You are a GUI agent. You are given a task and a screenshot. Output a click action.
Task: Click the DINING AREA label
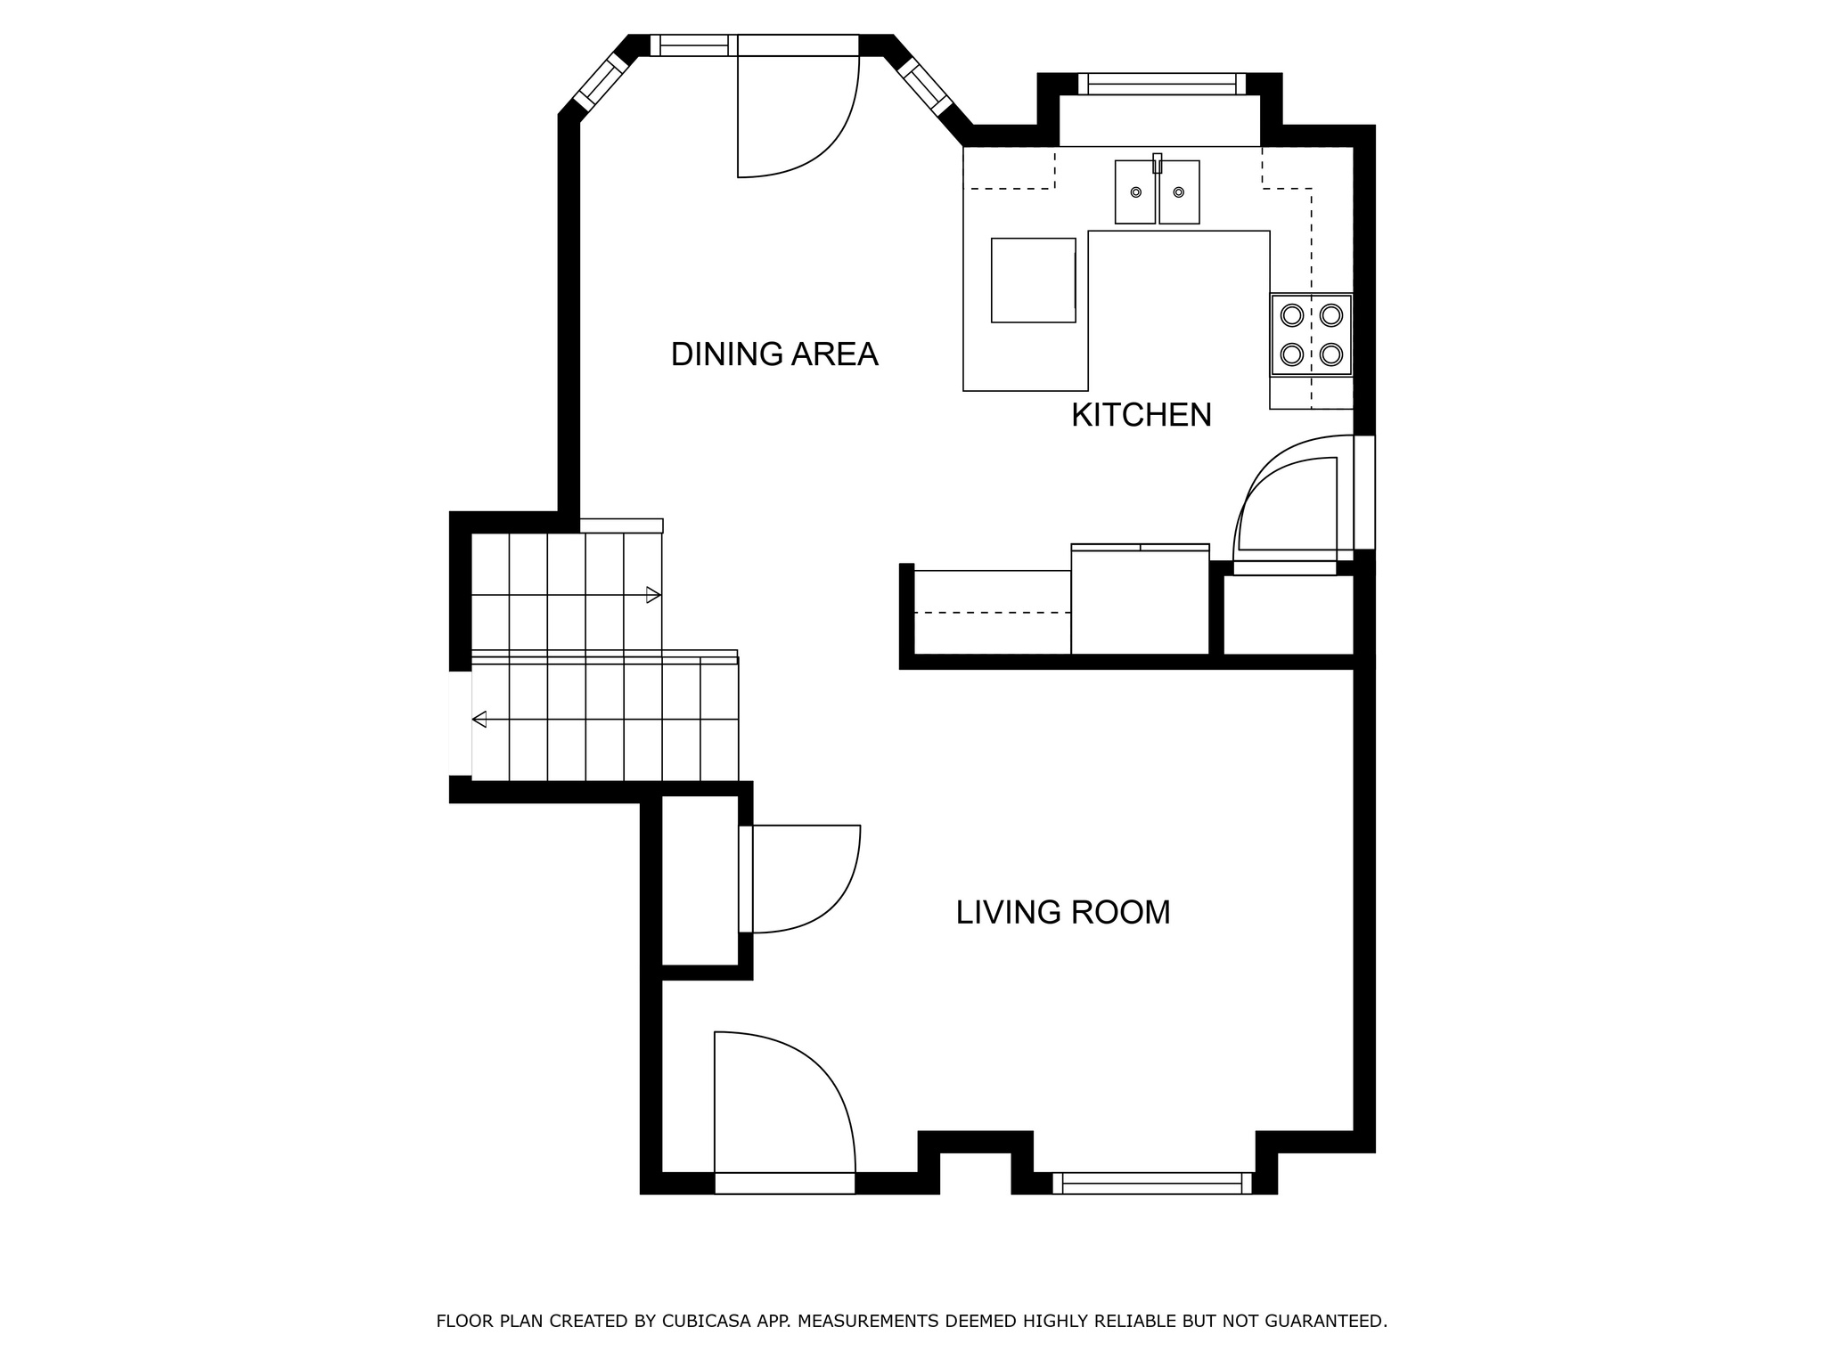click(x=773, y=354)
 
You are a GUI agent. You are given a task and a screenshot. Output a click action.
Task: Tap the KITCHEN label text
click(x=1141, y=415)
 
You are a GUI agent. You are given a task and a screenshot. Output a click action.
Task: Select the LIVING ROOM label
click(x=1062, y=913)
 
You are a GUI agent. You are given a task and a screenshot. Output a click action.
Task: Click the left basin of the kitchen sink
click(x=1135, y=192)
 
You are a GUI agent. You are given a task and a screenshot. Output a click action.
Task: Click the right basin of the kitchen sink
click(x=1179, y=192)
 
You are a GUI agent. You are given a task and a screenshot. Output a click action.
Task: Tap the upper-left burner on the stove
click(x=1291, y=315)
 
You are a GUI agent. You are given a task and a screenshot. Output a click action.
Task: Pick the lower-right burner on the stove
click(x=1331, y=354)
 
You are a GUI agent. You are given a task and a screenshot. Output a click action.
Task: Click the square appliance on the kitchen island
click(x=1033, y=280)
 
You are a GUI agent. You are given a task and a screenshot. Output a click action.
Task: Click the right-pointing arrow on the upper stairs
click(x=653, y=595)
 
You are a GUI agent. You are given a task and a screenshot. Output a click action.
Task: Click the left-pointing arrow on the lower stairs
click(x=479, y=719)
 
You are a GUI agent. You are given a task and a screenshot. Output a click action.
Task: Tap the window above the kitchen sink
click(x=1161, y=85)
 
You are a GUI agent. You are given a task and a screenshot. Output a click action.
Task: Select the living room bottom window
click(x=1151, y=1184)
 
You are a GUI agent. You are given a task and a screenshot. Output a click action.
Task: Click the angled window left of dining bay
click(x=600, y=82)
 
